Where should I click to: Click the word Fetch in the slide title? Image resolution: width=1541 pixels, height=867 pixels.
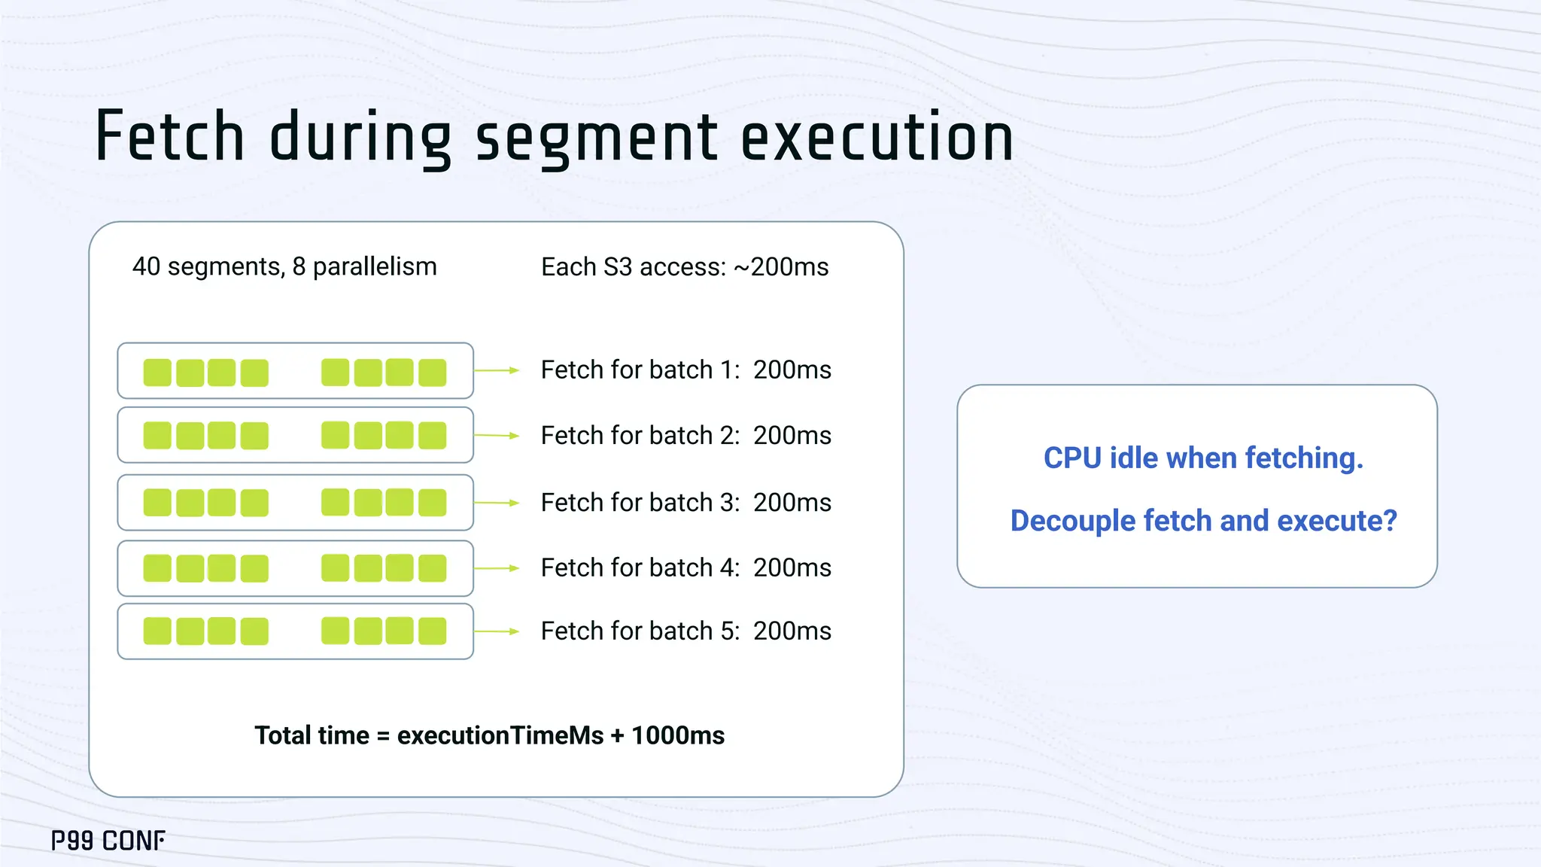click(x=170, y=137)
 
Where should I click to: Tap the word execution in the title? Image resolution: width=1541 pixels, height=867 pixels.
click(x=877, y=137)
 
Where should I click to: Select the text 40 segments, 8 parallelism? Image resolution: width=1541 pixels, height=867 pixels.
click(x=284, y=266)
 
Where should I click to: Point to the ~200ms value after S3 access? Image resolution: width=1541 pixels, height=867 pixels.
click(x=780, y=267)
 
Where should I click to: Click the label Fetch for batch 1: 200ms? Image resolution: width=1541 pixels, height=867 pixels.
click(x=685, y=370)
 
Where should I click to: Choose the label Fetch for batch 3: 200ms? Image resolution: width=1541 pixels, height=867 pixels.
click(x=685, y=503)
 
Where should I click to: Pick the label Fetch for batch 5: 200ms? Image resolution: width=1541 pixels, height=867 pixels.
click(x=685, y=631)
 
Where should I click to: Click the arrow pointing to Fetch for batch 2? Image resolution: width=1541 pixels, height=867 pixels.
click(x=497, y=436)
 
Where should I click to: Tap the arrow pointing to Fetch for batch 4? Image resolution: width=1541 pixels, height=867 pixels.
click(x=497, y=568)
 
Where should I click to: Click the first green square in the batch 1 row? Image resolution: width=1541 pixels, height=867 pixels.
click(x=157, y=373)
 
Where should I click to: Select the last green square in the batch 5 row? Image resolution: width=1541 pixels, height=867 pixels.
click(x=433, y=631)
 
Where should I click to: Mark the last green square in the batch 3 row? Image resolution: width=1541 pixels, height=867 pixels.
click(x=433, y=503)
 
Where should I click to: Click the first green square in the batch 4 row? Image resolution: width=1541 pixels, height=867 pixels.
click(x=157, y=568)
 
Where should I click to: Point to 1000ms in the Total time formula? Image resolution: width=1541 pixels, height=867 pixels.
click(x=678, y=735)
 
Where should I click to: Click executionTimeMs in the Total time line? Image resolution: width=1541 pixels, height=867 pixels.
click(x=500, y=735)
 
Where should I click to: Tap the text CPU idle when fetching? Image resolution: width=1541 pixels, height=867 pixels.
click(x=1202, y=458)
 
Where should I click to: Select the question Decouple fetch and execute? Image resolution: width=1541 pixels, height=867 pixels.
click(x=1202, y=521)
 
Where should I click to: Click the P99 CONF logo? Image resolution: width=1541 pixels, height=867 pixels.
click(x=108, y=841)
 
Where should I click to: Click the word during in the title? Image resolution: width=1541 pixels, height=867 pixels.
click(x=360, y=137)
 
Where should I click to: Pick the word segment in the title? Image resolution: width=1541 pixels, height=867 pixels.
click(x=597, y=137)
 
